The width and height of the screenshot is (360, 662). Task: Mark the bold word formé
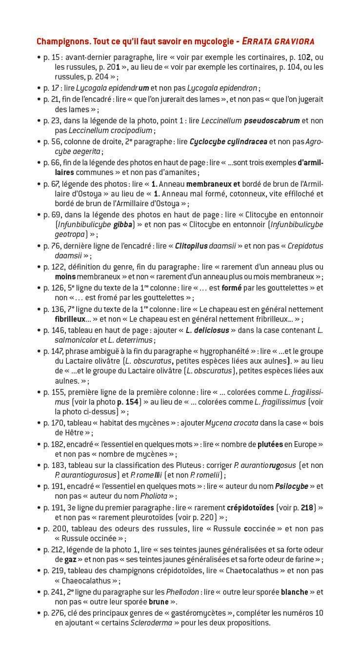click(x=231, y=288)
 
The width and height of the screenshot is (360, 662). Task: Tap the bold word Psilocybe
click(x=291, y=486)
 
